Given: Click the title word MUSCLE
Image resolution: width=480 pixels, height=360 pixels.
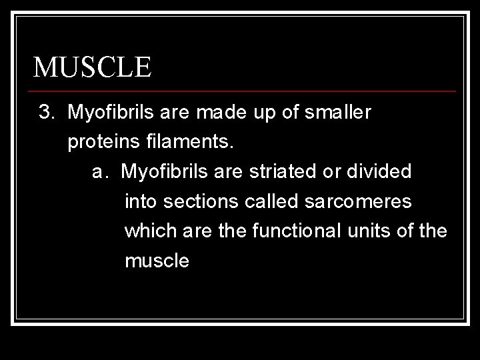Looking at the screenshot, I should [x=93, y=67].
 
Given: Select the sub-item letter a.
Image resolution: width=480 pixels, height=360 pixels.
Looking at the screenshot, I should [x=100, y=172].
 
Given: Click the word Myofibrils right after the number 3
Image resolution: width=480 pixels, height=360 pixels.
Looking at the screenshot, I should [x=113, y=113].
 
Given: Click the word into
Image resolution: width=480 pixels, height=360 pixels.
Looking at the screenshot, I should [x=141, y=201].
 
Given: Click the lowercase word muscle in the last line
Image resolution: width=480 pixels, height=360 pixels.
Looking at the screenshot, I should [x=157, y=261].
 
